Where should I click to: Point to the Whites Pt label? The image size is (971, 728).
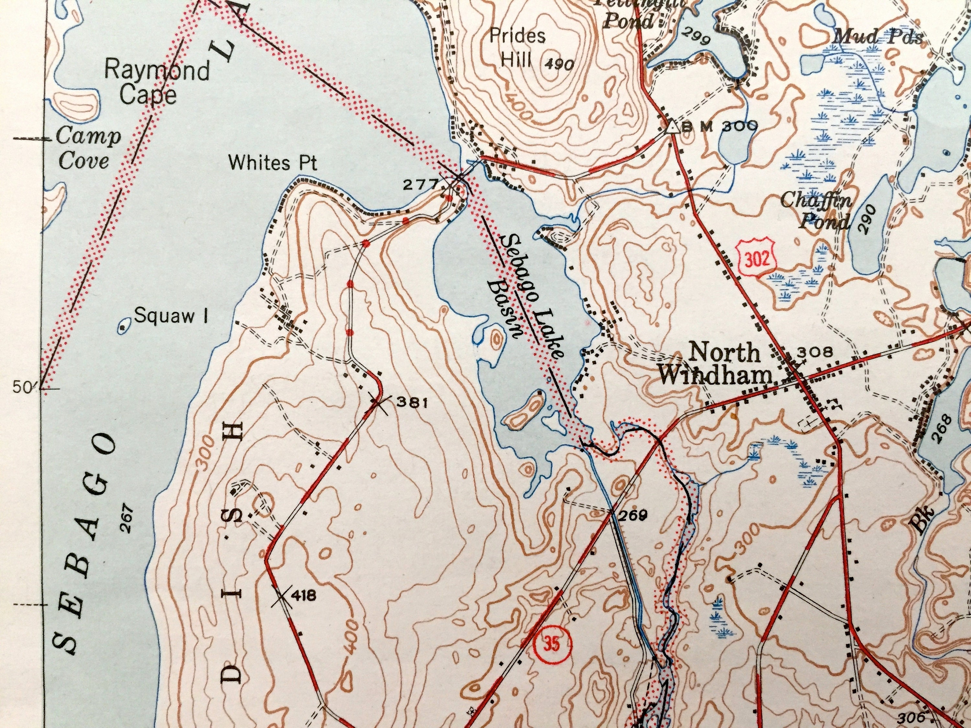click(x=273, y=163)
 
